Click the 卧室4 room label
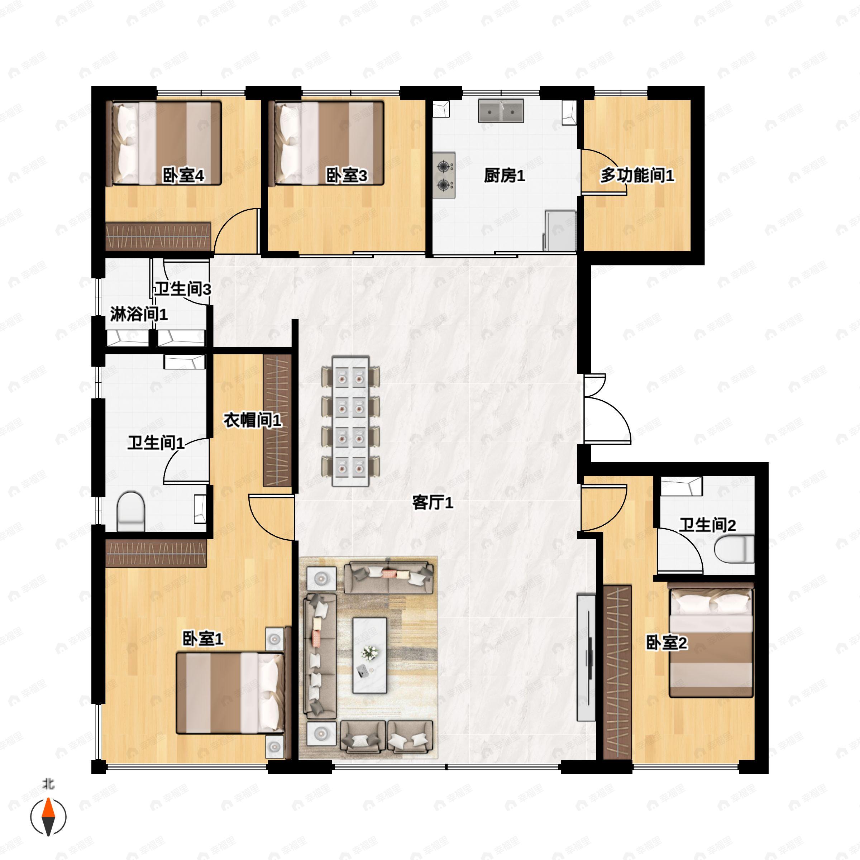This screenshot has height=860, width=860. pyautogui.click(x=183, y=176)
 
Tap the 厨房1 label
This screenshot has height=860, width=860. pyautogui.click(x=504, y=176)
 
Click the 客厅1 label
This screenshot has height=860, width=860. pyautogui.click(x=432, y=503)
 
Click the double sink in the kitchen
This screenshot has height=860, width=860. pyautogui.click(x=501, y=111)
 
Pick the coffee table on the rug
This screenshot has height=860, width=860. pyautogui.click(x=369, y=655)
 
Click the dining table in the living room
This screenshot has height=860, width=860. pyautogui.click(x=350, y=421)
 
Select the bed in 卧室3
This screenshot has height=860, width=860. pyautogui.click(x=329, y=143)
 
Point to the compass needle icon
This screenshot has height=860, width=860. pyautogui.click(x=48, y=817)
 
